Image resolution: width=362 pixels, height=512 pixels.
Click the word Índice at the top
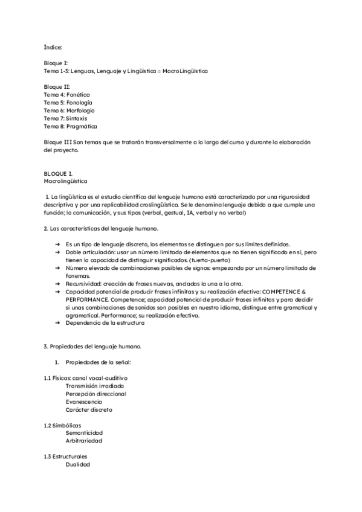53,46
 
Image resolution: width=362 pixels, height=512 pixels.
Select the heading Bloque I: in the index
56,63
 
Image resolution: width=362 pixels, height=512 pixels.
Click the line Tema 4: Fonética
66,95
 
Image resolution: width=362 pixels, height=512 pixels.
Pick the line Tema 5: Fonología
68,103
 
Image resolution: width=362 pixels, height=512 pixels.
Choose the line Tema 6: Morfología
69,110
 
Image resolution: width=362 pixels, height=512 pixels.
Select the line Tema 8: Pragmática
70,126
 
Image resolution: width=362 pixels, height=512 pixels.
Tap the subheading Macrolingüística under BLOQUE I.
66,181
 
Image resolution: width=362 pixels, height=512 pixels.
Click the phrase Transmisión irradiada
95,386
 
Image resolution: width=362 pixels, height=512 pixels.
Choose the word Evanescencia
84,402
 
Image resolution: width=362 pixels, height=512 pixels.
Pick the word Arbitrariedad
84,441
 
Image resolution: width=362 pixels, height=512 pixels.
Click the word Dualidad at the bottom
78,464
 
